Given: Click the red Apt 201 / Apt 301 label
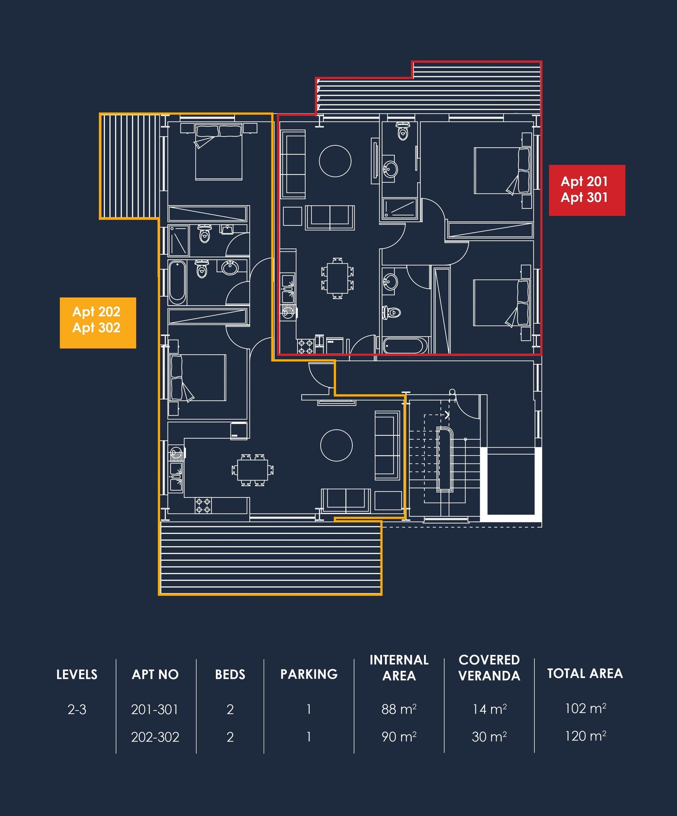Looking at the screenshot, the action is (x=587, y=190).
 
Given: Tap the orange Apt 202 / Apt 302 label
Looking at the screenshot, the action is (x=98, y=323).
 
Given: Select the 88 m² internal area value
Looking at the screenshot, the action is (x=399, y=709).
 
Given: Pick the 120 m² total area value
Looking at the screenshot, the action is (x=585, y=736).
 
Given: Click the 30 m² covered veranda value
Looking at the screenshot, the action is (x=489, y=736).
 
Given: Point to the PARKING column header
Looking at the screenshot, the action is (x=309, y=674).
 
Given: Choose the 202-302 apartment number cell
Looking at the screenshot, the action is (x=155, y=737).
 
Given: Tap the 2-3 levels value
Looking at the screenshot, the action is (x=77, y=710).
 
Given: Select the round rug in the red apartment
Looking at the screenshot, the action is (x=335, y=161).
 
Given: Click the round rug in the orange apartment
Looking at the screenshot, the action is (x=336, y=445).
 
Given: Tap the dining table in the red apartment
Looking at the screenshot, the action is (x=337, y=278).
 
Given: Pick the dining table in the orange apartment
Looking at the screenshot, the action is (x=253, y=470).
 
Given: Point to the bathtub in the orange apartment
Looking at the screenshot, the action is (x=177, y=282).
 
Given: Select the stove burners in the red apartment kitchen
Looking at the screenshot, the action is (x=305, y=346).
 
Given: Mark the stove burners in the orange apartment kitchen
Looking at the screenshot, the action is (x=203, y=506).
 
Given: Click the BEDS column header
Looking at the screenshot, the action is (x=230, y=674).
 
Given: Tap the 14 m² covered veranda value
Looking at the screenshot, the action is (x=489, y=709).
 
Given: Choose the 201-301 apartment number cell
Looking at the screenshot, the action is (x=155, y=710).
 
